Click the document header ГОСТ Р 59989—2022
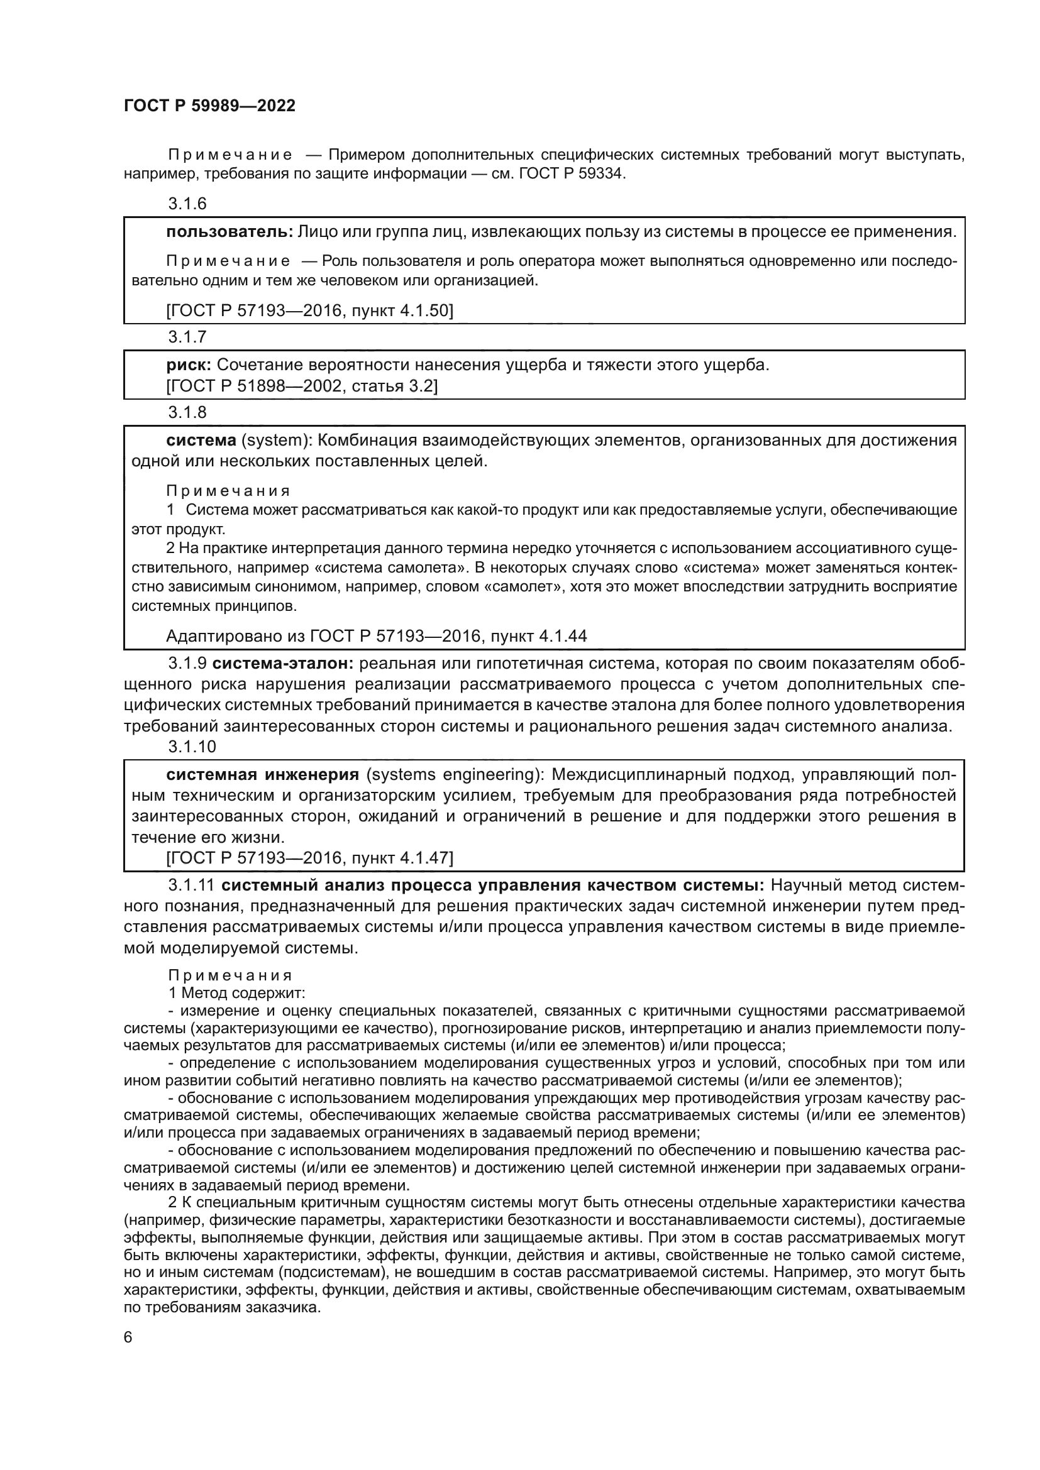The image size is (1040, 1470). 209,106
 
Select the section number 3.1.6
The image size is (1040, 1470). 187,204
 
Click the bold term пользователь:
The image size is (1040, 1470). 230,232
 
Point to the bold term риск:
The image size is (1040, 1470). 189,365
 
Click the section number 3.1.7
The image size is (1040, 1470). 187,337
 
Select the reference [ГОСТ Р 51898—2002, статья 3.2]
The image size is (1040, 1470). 302,386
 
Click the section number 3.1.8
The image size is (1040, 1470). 187,412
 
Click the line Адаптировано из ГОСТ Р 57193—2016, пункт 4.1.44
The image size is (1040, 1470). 376,636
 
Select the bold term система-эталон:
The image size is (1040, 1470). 283,663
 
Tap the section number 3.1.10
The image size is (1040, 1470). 192,747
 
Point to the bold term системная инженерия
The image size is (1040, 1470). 262,775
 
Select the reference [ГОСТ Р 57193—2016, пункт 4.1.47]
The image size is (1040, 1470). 309,858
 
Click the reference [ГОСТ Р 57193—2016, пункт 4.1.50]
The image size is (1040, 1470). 309,311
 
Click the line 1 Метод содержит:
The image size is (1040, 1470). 236,994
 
